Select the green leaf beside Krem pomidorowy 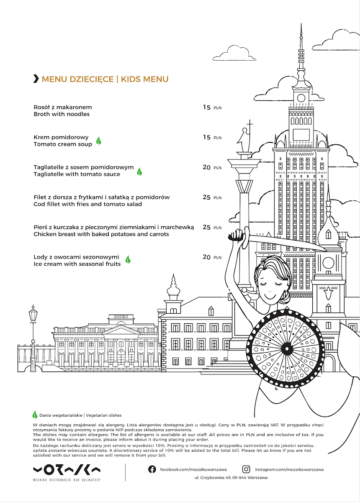99,141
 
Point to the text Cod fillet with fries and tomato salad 87,204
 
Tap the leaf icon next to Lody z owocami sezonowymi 128,260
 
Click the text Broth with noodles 62,114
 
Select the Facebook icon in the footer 152,469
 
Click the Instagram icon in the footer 247,469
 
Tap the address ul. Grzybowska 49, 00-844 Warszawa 231,477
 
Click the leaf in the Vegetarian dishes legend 35,415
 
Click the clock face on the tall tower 301,98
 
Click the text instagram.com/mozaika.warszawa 289,469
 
